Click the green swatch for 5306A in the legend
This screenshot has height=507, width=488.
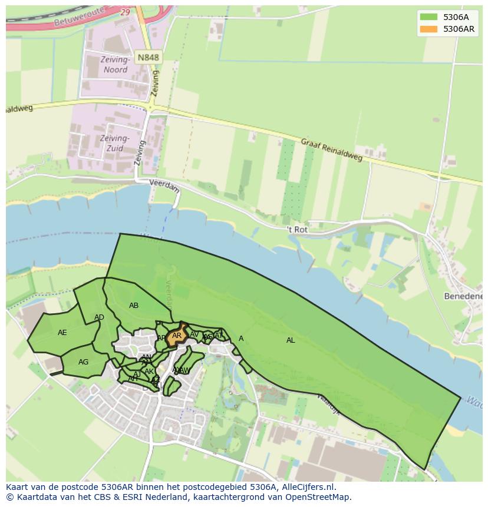pos(428,17)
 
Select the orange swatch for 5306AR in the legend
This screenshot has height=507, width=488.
pos(428,29)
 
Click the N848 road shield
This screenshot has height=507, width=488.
pos(147,57)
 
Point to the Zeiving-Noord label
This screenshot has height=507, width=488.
pos(115,65)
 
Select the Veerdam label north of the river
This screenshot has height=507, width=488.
pos(163,183)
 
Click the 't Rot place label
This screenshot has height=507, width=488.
pos(297,229)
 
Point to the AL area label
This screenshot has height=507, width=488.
pos(291,340)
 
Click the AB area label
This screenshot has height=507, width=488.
pos(134,306)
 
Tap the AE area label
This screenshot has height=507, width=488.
pos(62,333)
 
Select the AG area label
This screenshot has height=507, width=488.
pos(83,362)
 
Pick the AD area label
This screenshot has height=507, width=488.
pos(99,318)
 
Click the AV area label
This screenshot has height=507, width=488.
pos(194,334)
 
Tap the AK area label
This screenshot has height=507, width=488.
pos(149,372)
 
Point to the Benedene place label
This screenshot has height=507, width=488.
pos(463,296)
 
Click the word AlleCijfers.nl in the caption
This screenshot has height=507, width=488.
pos(306,487)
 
